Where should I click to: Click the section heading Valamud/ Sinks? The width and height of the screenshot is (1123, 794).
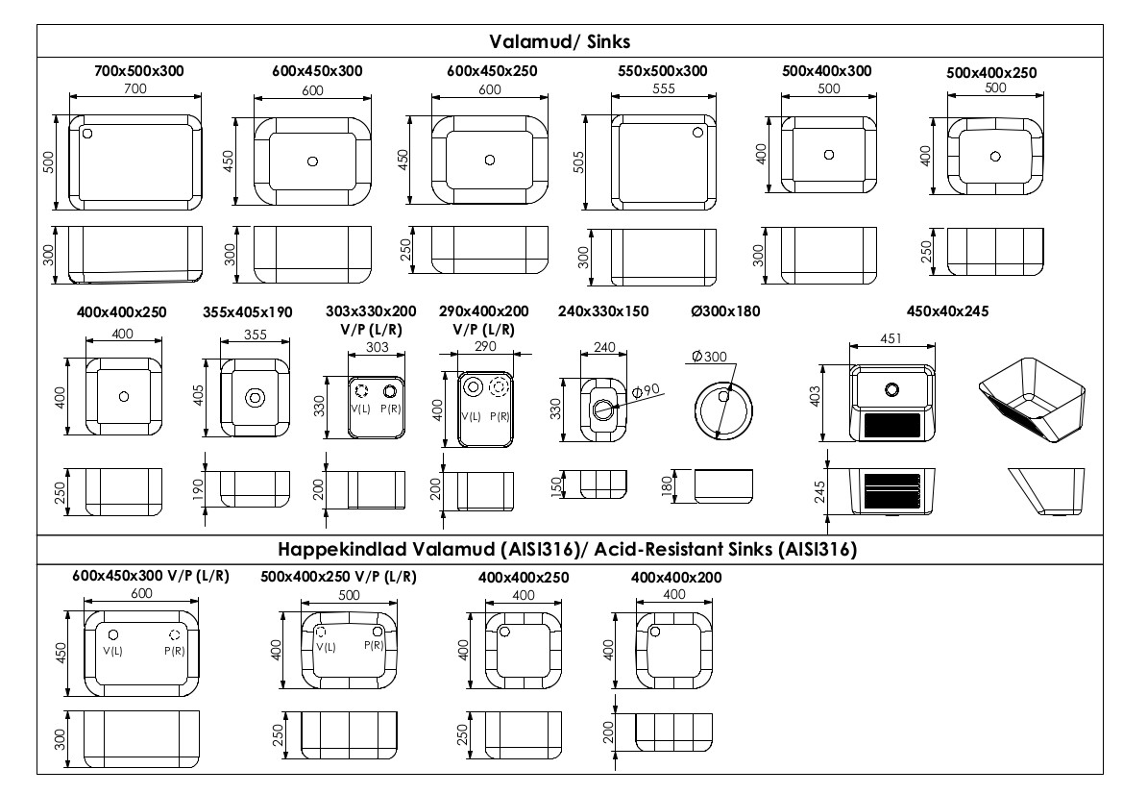(559, 41)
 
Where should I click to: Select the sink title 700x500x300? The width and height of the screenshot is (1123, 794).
(139, 71)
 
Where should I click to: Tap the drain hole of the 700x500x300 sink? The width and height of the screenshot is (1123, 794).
(87, 134)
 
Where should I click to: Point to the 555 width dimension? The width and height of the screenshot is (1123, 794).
(664, 88)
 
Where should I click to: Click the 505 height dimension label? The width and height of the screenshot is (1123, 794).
(578, 161)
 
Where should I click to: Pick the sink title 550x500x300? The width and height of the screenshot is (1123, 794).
(663, 71)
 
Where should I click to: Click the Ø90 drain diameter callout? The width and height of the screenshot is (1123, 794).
(646, 391)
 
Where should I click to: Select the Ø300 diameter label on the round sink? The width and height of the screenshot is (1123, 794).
(709, 357)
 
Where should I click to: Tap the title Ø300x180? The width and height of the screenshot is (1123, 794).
(725, 311)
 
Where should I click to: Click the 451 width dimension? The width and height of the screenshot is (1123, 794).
(891, 338)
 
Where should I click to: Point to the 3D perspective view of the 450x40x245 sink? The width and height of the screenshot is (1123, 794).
(1032, 400)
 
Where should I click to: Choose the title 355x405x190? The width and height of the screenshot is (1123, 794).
(247, 311)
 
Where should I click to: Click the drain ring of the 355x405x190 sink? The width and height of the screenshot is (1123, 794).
(255, 397)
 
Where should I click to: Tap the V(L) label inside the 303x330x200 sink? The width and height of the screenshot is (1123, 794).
(360, 409)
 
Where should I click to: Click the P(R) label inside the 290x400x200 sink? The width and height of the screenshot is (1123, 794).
(500, 416)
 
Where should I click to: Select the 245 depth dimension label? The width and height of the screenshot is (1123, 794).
(820, 491)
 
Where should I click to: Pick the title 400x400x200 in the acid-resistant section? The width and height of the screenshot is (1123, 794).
(676, 578)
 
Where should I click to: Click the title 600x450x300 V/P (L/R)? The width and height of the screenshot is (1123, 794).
(151, 576)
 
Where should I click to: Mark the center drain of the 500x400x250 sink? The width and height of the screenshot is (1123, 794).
(995, 157)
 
